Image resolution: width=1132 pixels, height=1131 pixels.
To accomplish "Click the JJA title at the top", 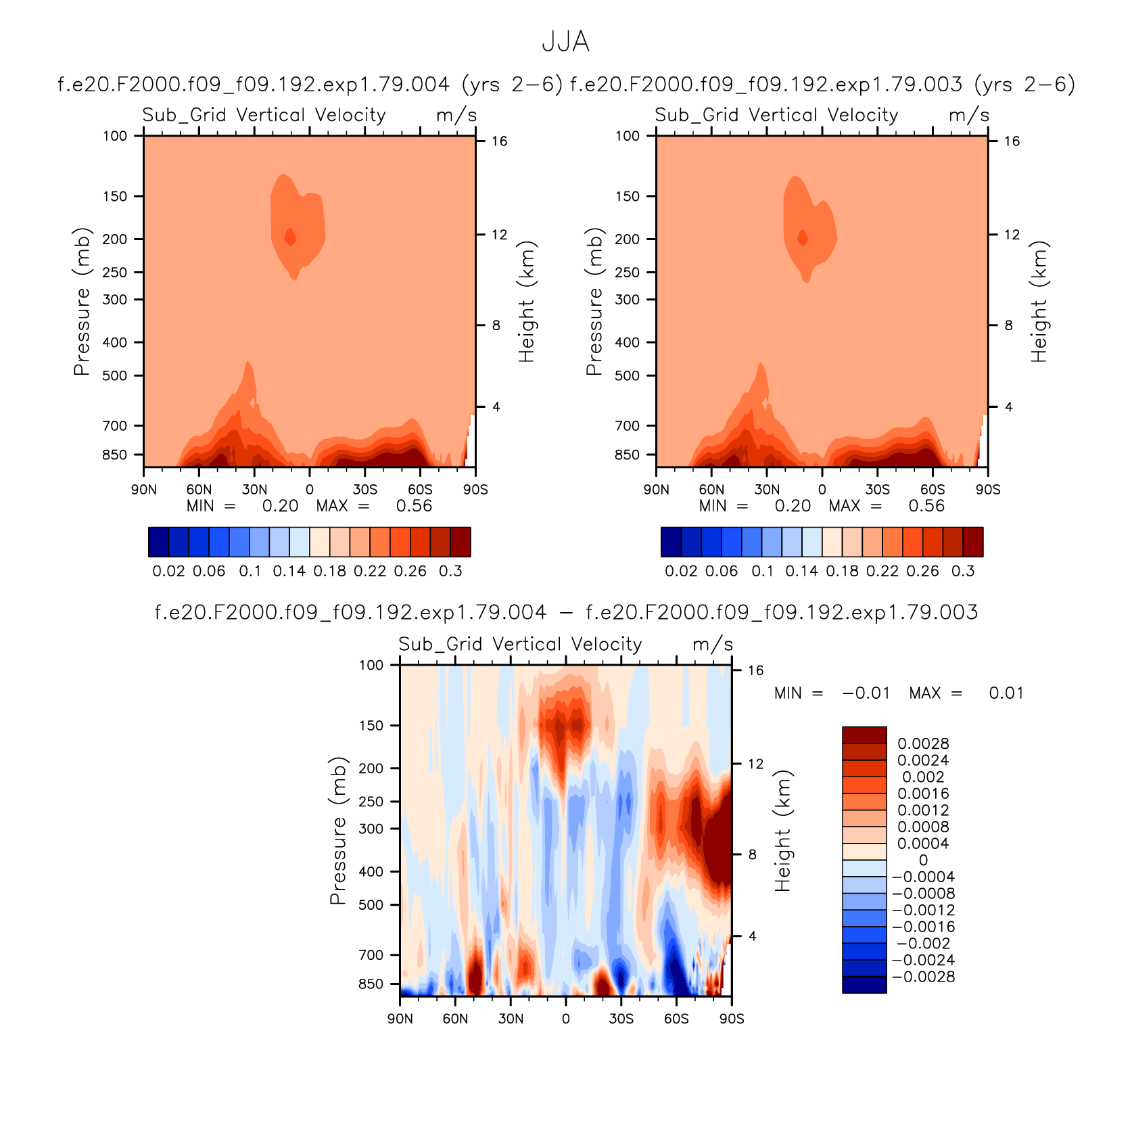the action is coord(565,42).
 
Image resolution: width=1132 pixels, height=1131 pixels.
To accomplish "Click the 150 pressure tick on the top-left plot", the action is coord(115,196).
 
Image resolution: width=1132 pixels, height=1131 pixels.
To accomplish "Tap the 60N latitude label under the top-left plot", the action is coord(199,490).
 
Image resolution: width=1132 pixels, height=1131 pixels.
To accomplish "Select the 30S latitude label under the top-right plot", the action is coord(877,490).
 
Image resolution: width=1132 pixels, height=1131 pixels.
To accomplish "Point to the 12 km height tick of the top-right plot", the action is coord(1012,235).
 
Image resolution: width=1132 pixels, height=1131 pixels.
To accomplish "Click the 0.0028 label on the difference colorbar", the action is coord(923,743).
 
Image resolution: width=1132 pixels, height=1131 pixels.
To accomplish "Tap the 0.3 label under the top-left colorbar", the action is coord(450,571).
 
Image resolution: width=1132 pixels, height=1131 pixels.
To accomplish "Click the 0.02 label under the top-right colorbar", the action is coord(681,571).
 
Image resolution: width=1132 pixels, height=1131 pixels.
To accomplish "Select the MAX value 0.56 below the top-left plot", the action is coord(414,506).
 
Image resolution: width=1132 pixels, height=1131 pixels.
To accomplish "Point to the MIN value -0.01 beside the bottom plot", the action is coord(866,693).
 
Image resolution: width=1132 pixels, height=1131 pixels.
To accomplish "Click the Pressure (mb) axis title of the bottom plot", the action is coord(338,831).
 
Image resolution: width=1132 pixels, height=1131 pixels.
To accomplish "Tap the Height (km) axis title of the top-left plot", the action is coord(526,302).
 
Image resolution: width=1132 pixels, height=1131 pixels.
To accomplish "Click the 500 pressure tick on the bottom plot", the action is coord(371,904).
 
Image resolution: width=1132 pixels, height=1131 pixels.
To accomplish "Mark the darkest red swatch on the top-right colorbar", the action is coord(973,542).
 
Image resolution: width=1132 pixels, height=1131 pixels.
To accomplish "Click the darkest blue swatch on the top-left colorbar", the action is coord(158,542).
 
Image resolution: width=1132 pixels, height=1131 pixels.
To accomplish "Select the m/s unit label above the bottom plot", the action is coord(713,644).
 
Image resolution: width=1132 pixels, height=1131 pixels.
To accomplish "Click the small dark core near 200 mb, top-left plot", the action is coord(290,237).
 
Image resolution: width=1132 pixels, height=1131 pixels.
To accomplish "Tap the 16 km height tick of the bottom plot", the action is coord(755,670).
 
